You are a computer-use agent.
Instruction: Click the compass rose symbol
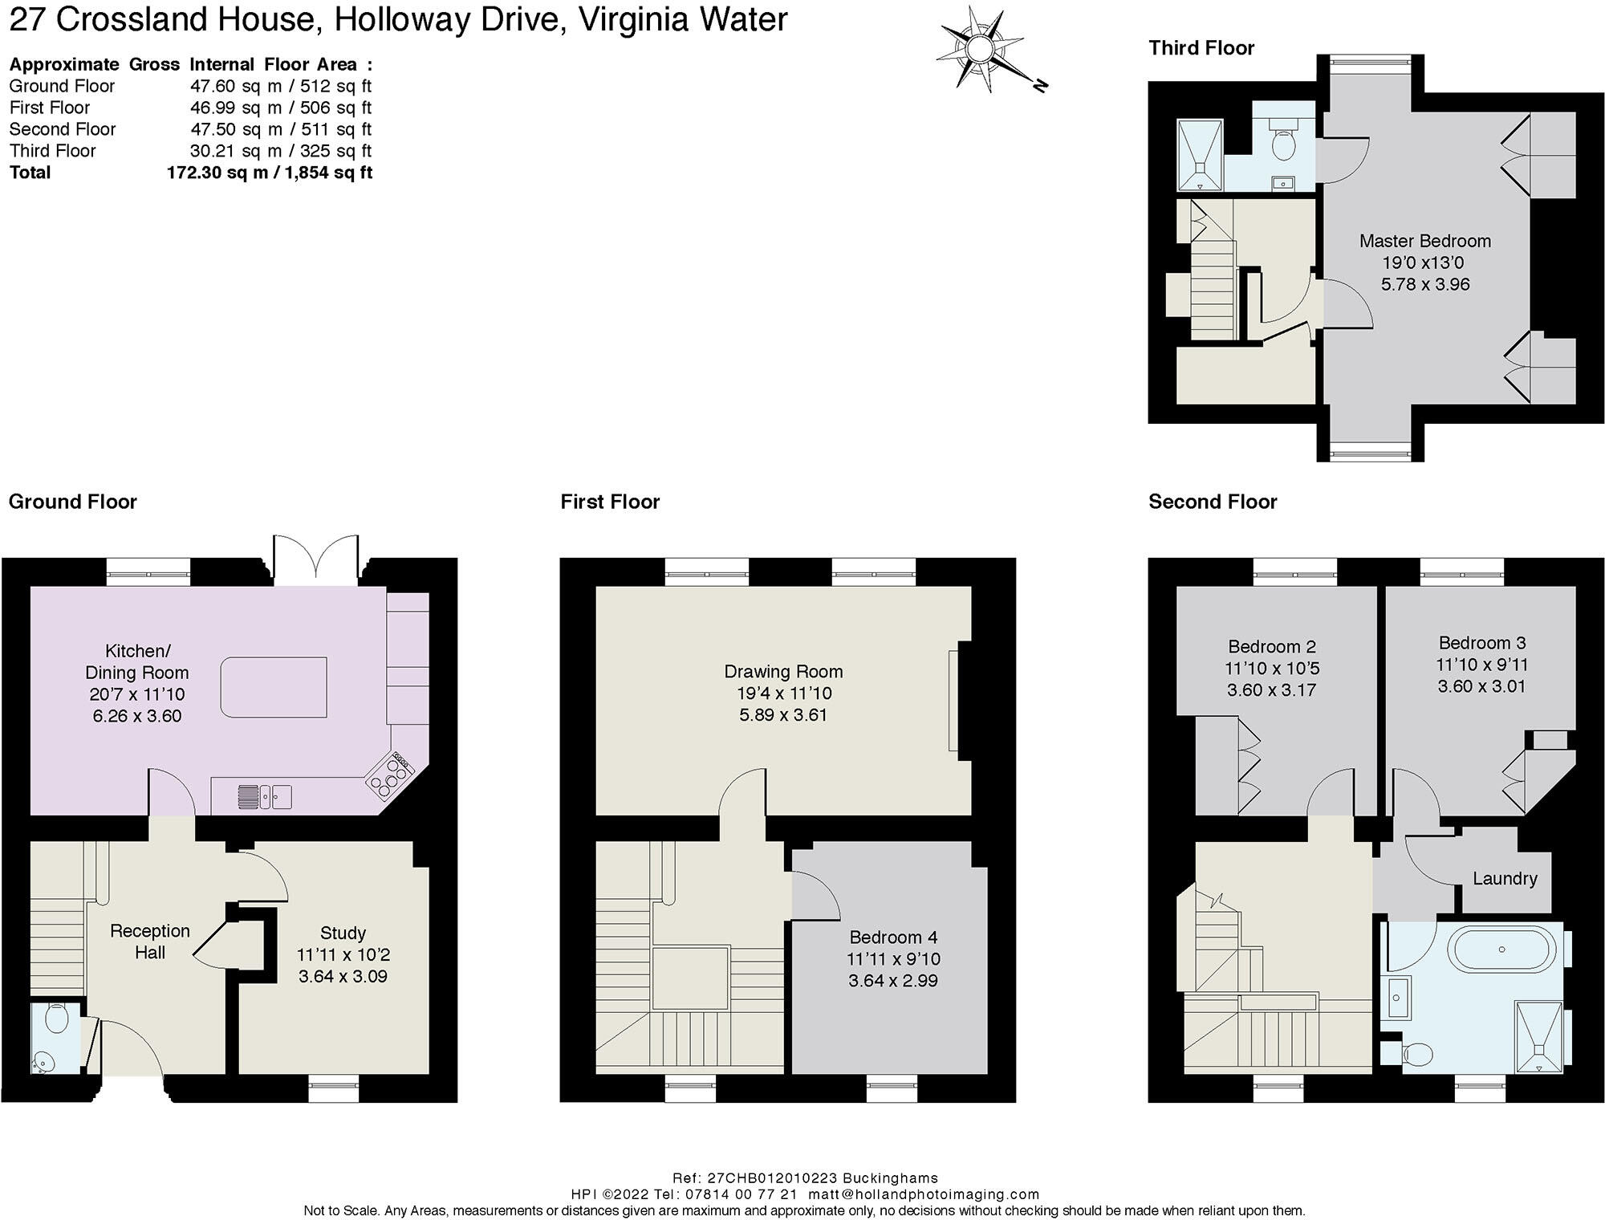981,50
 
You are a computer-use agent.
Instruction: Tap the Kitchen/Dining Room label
137,661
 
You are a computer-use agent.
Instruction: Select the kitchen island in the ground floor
274,687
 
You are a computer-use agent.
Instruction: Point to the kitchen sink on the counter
264,796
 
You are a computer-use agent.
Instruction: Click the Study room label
343,933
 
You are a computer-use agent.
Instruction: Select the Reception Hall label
150,941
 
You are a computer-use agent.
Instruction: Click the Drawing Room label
783,671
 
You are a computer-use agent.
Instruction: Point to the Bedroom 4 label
893,937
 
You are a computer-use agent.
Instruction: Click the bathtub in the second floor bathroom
1501,950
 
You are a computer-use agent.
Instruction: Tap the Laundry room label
1505,879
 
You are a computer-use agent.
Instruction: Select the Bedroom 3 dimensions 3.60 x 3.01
1481,686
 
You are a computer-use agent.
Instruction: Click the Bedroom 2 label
1272,646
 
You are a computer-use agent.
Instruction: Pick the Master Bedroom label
1425,241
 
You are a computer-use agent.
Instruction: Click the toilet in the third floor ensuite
1283,140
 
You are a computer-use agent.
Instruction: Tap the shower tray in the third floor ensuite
1200,156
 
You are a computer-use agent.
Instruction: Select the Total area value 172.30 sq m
217,173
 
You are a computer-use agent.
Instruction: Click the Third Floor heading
1201,48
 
